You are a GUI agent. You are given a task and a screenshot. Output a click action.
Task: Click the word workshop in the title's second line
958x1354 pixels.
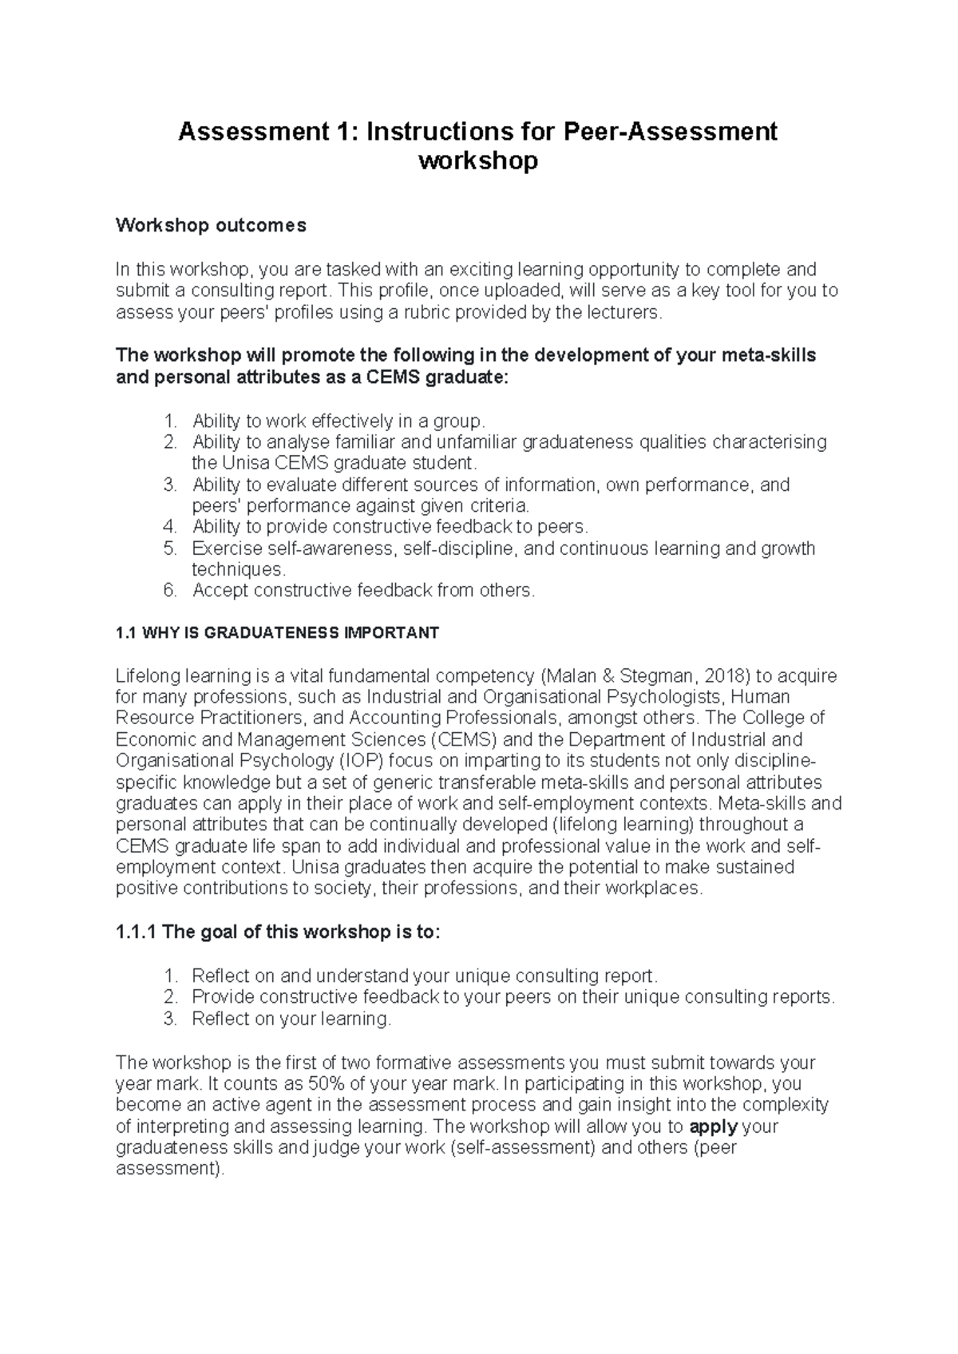pos(478,161)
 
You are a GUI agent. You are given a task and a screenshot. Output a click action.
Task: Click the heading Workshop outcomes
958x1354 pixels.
pos(211,226)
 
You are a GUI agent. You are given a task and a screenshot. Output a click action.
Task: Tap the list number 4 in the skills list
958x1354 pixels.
pos(168,527)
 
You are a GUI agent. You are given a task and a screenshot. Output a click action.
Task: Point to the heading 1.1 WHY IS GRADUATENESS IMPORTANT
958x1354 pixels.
pos(277,633)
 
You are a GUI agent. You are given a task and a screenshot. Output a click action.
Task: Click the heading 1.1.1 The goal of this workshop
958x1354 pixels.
pos(277,932)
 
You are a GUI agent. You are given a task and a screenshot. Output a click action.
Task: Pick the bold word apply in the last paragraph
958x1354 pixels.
pos(712,1126)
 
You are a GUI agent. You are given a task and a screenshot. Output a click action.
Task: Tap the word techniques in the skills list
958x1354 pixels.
pos(237,569)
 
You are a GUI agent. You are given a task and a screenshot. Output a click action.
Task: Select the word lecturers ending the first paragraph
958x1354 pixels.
pos(625,312)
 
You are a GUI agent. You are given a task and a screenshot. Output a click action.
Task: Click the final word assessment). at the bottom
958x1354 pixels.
pos(170,1169)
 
